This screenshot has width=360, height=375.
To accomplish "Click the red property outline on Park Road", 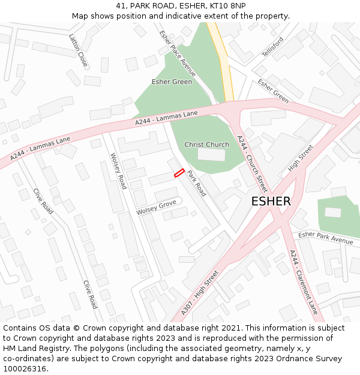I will point(179,173).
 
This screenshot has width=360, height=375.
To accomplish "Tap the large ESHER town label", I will point(271,202).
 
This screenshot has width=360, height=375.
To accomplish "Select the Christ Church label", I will point(206,145).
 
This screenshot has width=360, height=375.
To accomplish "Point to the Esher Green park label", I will point(172,82).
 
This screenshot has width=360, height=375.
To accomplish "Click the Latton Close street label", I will point(78,50).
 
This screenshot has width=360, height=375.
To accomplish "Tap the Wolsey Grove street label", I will point(156,208).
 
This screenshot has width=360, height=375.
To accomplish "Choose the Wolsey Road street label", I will point(118,170).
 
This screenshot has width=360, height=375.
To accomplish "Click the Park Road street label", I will point(196,184).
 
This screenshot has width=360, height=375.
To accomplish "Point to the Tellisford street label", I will point(272,47).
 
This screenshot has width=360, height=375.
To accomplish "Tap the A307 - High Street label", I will point(200,293).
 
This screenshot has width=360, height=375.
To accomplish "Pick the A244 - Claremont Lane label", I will point(304,282).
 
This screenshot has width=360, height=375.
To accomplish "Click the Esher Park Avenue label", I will point(326,238).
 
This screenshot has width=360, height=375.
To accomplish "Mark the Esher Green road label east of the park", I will point(273,91).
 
